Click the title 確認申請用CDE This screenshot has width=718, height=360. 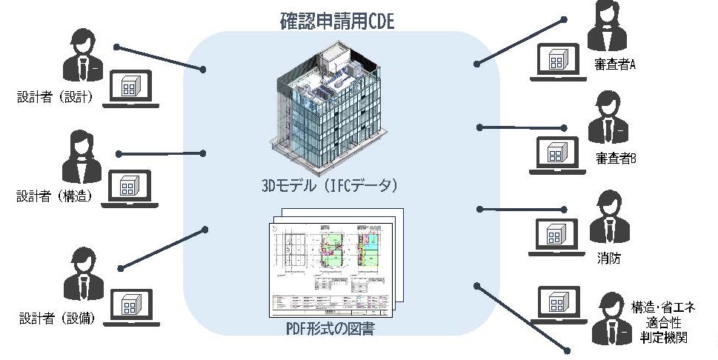pos(337,19)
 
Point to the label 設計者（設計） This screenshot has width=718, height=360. pos(56,96)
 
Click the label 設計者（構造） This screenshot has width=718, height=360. pos(56,196)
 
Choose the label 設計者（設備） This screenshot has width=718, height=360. pos(56,319)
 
